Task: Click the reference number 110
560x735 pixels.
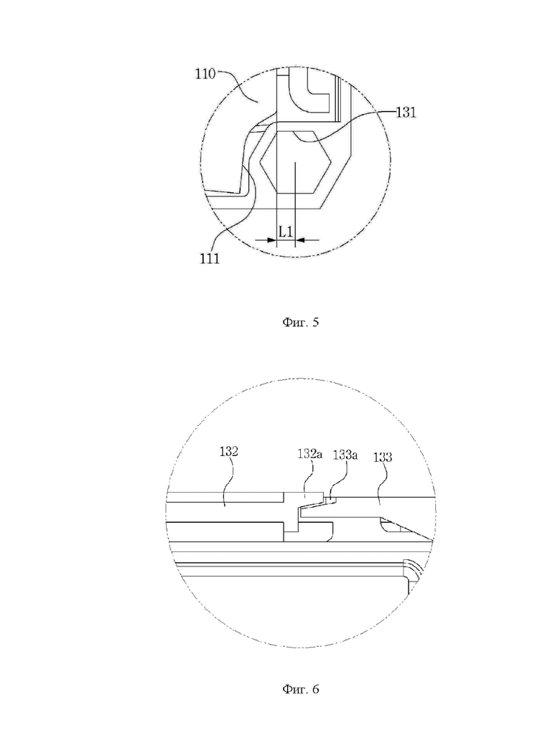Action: [205, 74]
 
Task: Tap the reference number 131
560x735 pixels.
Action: [406, 113]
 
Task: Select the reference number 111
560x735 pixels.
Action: [210, 259]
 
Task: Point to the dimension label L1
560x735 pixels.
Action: [286, 231]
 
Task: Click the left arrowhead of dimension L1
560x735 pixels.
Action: [272, 240]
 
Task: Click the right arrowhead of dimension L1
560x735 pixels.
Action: [300, 240]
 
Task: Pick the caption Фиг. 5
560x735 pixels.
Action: [300, 322]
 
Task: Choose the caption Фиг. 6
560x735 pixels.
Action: [300, 689]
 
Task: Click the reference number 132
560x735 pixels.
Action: [228, 452]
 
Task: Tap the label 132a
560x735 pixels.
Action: [309, 454]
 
